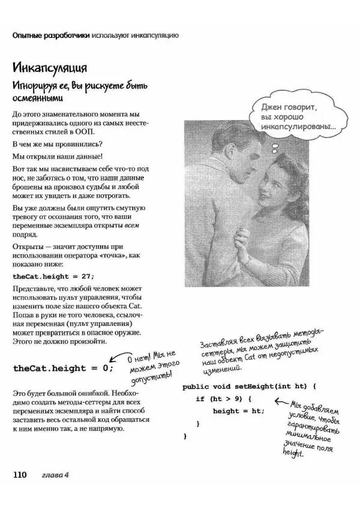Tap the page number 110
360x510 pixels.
[x=20, y=475]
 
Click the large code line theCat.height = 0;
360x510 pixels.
[x=63, y=368]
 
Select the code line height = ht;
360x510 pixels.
[x=238, y=411]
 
